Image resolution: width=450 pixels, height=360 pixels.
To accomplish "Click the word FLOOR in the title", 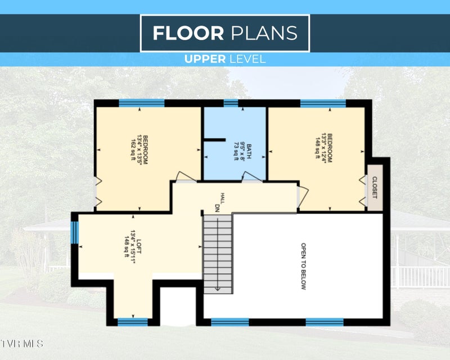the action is coord(188,33).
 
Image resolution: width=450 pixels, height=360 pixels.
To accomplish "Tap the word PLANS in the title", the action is coord(264,33).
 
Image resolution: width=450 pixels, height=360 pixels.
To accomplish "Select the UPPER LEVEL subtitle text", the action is coord(224,59).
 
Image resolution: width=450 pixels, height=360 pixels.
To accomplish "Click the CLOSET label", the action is coord(375,187).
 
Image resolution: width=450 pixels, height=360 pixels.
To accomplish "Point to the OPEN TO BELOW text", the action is coord(303,266).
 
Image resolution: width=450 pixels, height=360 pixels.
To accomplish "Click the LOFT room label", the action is coord(139,246).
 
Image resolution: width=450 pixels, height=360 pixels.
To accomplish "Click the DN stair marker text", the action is coord(217,208).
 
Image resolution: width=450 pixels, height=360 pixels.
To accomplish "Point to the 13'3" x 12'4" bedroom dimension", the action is coord(324,148).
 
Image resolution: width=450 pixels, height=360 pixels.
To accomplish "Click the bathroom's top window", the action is coord(231,103).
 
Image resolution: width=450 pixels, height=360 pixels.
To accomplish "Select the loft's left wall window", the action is coord(75,232).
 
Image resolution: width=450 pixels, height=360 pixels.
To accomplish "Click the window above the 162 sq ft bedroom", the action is coord(142,103).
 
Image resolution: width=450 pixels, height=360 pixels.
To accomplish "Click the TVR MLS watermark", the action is coord(21,344).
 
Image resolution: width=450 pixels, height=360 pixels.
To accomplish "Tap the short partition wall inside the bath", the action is coord(214,140).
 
